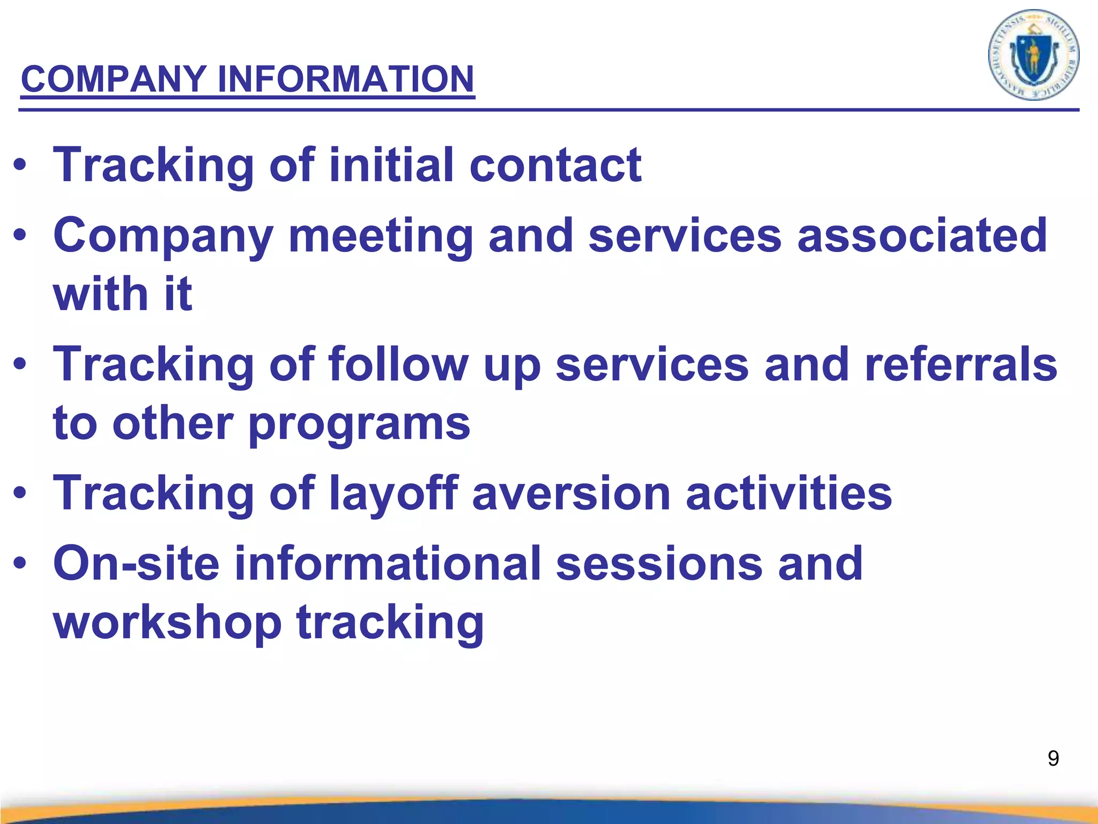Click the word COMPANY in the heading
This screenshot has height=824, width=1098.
point(113,79)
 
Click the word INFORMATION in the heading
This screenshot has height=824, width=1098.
point(346,79)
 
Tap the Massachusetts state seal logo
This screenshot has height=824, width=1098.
point(1033,55)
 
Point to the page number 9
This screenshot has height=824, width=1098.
point(1053,759)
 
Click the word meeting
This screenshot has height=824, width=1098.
point(381,236)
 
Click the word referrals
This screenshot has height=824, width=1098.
point(961,364)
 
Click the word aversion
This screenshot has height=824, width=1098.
point(571,494)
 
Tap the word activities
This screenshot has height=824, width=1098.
point(789,494)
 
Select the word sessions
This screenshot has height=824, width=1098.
point(659,563)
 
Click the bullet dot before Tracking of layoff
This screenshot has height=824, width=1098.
point(20,492)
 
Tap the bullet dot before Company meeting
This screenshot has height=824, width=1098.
point(20,235)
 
